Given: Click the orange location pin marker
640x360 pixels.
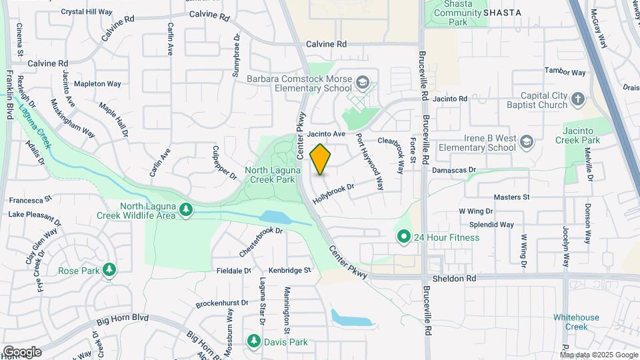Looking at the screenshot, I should [x=321, y=159].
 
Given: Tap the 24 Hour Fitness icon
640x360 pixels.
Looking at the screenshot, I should [x=403, y=237].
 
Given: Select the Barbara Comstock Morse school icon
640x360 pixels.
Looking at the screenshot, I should [x=363, y=83].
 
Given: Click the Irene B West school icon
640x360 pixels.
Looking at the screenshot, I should [x=527, y=142].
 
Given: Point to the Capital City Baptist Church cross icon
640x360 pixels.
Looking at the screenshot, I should [x=577, y=101].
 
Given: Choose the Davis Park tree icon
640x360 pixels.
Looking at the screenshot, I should [x=253, y=342].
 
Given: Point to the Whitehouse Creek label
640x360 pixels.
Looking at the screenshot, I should [x=577, y=322].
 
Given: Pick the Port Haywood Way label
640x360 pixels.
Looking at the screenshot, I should [x=370, y=162].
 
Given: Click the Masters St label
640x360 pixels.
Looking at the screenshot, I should [x=511, y=197].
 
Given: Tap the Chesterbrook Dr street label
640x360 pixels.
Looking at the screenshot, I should [x=261, y=242].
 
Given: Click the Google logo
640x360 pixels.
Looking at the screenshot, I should [x=22, y=351].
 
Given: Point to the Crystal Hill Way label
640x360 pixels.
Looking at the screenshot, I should [x=87, y=12].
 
